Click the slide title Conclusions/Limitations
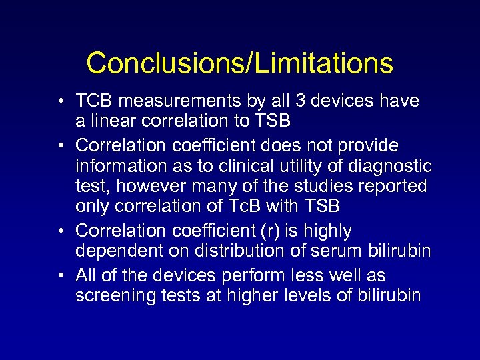(x=239, y=63)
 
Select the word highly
(x=327, y=231)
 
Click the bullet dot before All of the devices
(x=61, y=276)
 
